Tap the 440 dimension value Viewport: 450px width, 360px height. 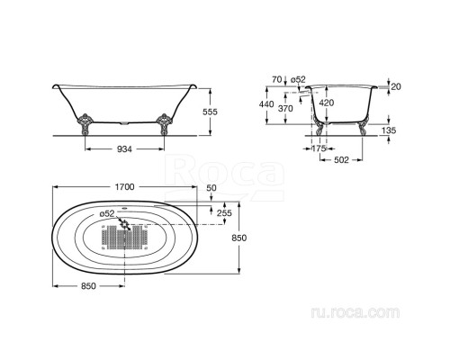[x=266, y=104]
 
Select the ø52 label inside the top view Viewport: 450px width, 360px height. [x=107, y=213]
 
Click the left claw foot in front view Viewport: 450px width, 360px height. [x=85, y=123]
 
